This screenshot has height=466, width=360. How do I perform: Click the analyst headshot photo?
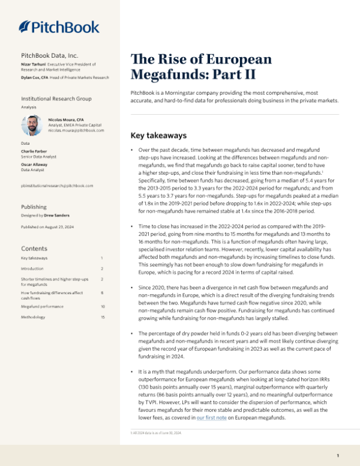coord(32,126)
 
